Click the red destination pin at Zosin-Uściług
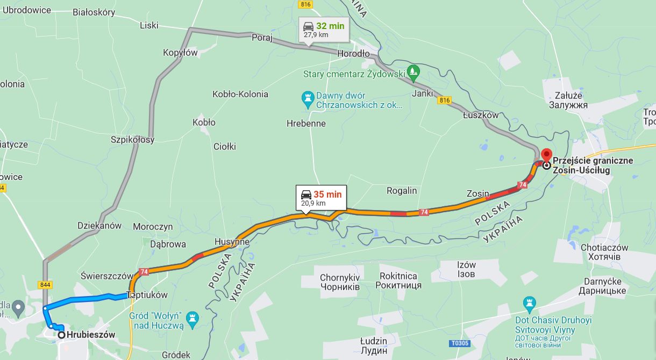[546, 155]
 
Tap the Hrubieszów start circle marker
[62, 335]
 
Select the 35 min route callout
[321, 198]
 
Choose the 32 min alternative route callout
[323, 29]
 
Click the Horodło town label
[353, 54]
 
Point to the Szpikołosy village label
[132, 140]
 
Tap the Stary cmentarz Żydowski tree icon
[413, 70]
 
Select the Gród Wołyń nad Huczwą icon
[192, 317]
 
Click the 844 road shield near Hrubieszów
[45, 284]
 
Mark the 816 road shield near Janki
[444, 100]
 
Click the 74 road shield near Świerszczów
[144, 272]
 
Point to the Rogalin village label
[402, 191]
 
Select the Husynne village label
[232, 242]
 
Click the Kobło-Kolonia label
[240, 94]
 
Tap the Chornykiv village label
[339, 282]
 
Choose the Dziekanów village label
[99, 226]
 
